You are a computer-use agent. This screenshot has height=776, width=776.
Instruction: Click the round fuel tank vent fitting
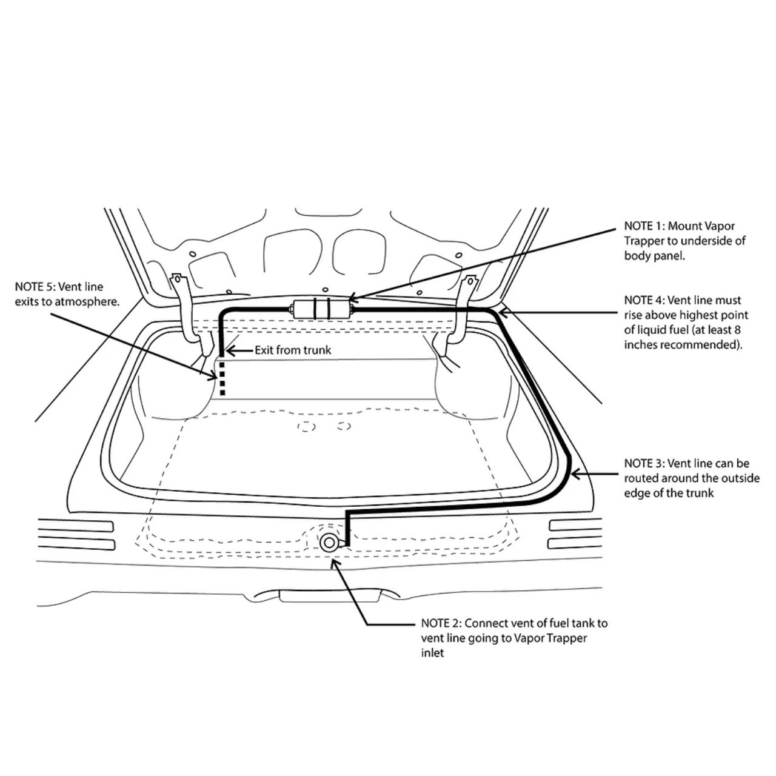[x=329, y=543]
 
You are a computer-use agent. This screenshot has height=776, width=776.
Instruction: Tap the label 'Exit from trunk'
[x=293, y=350]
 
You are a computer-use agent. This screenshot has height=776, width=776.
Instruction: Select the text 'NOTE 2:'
[x=441, y=623]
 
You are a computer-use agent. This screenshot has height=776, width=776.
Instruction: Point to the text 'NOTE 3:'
[x=644, y=464]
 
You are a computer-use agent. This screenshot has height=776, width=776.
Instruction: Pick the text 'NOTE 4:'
[x=644, y=301]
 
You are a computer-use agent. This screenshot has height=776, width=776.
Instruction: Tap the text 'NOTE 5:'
[x=35, y=287]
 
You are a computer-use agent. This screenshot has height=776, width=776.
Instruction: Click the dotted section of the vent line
[x=221, y=378]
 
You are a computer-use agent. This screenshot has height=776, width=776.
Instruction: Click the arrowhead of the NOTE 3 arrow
[x=576, y=474]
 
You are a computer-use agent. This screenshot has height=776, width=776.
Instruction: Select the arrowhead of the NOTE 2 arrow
[x=333, y=563]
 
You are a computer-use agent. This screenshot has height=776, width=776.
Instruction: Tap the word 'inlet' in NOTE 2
[x=432, y=653]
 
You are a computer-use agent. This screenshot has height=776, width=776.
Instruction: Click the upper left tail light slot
[x=76, y=526]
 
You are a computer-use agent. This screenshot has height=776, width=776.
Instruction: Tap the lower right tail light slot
[x=575, y=544]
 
